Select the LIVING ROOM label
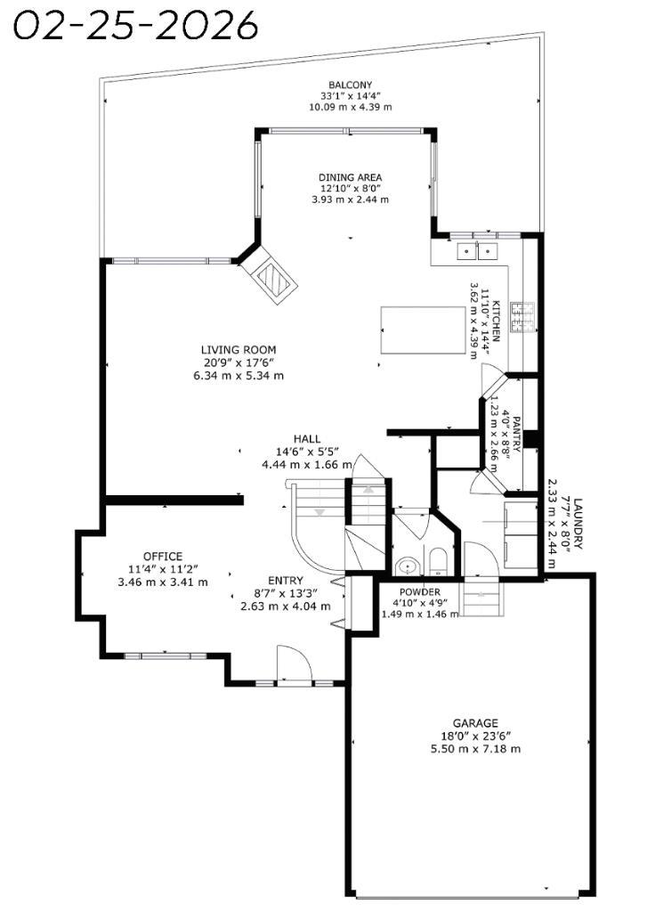pyautogui.click(x=238, y=350)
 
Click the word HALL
pyautogui.click(x=306, y=440)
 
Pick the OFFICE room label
pyautogui.click(x=162, y=557)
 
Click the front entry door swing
pyautogui.click(x=294, y=664)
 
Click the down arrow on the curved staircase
pyautogui.click(x=319, y=511)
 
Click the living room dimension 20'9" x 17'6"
pyautogui.click(x=238, y=362)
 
